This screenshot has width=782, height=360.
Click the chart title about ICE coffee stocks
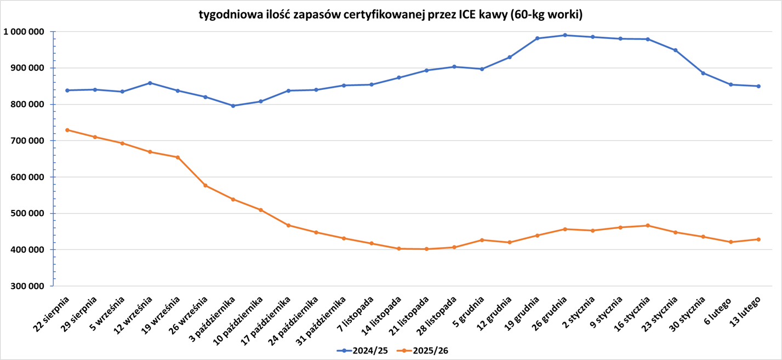[x=390, y=15]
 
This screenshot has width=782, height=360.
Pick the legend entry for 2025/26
[x=425, y=351]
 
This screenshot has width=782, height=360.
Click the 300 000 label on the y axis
[x=26, y=286]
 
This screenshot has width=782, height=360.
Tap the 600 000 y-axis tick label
[x=26, y=177]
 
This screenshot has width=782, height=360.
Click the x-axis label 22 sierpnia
[x=53, y=314]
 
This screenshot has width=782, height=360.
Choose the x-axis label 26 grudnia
[x=550, y=314]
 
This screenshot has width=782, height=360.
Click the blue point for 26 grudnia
[x=565, y=35]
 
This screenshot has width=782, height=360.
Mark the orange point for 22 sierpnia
[x=67, y=130]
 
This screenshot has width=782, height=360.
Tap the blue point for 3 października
[x=233, y=106]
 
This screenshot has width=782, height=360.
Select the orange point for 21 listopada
[x=426, y=249]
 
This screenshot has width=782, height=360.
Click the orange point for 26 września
[x=206, y=185]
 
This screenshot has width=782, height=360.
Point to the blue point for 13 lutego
[x=758, y=86]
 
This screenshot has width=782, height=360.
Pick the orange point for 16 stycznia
[x=648, y=225]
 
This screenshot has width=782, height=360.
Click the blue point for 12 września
[x=150, y=83]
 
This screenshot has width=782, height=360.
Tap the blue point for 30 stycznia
[x=703, y=73]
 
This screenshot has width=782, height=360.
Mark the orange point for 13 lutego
[x=758, y=239]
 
